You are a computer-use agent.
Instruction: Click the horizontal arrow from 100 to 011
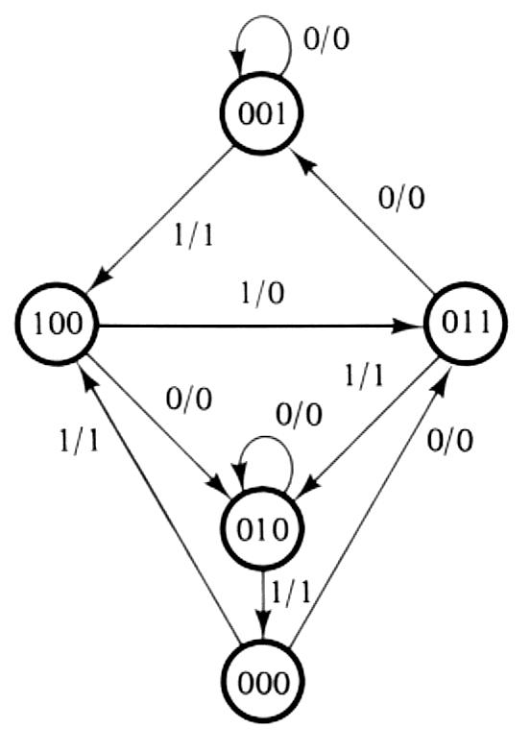259,327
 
